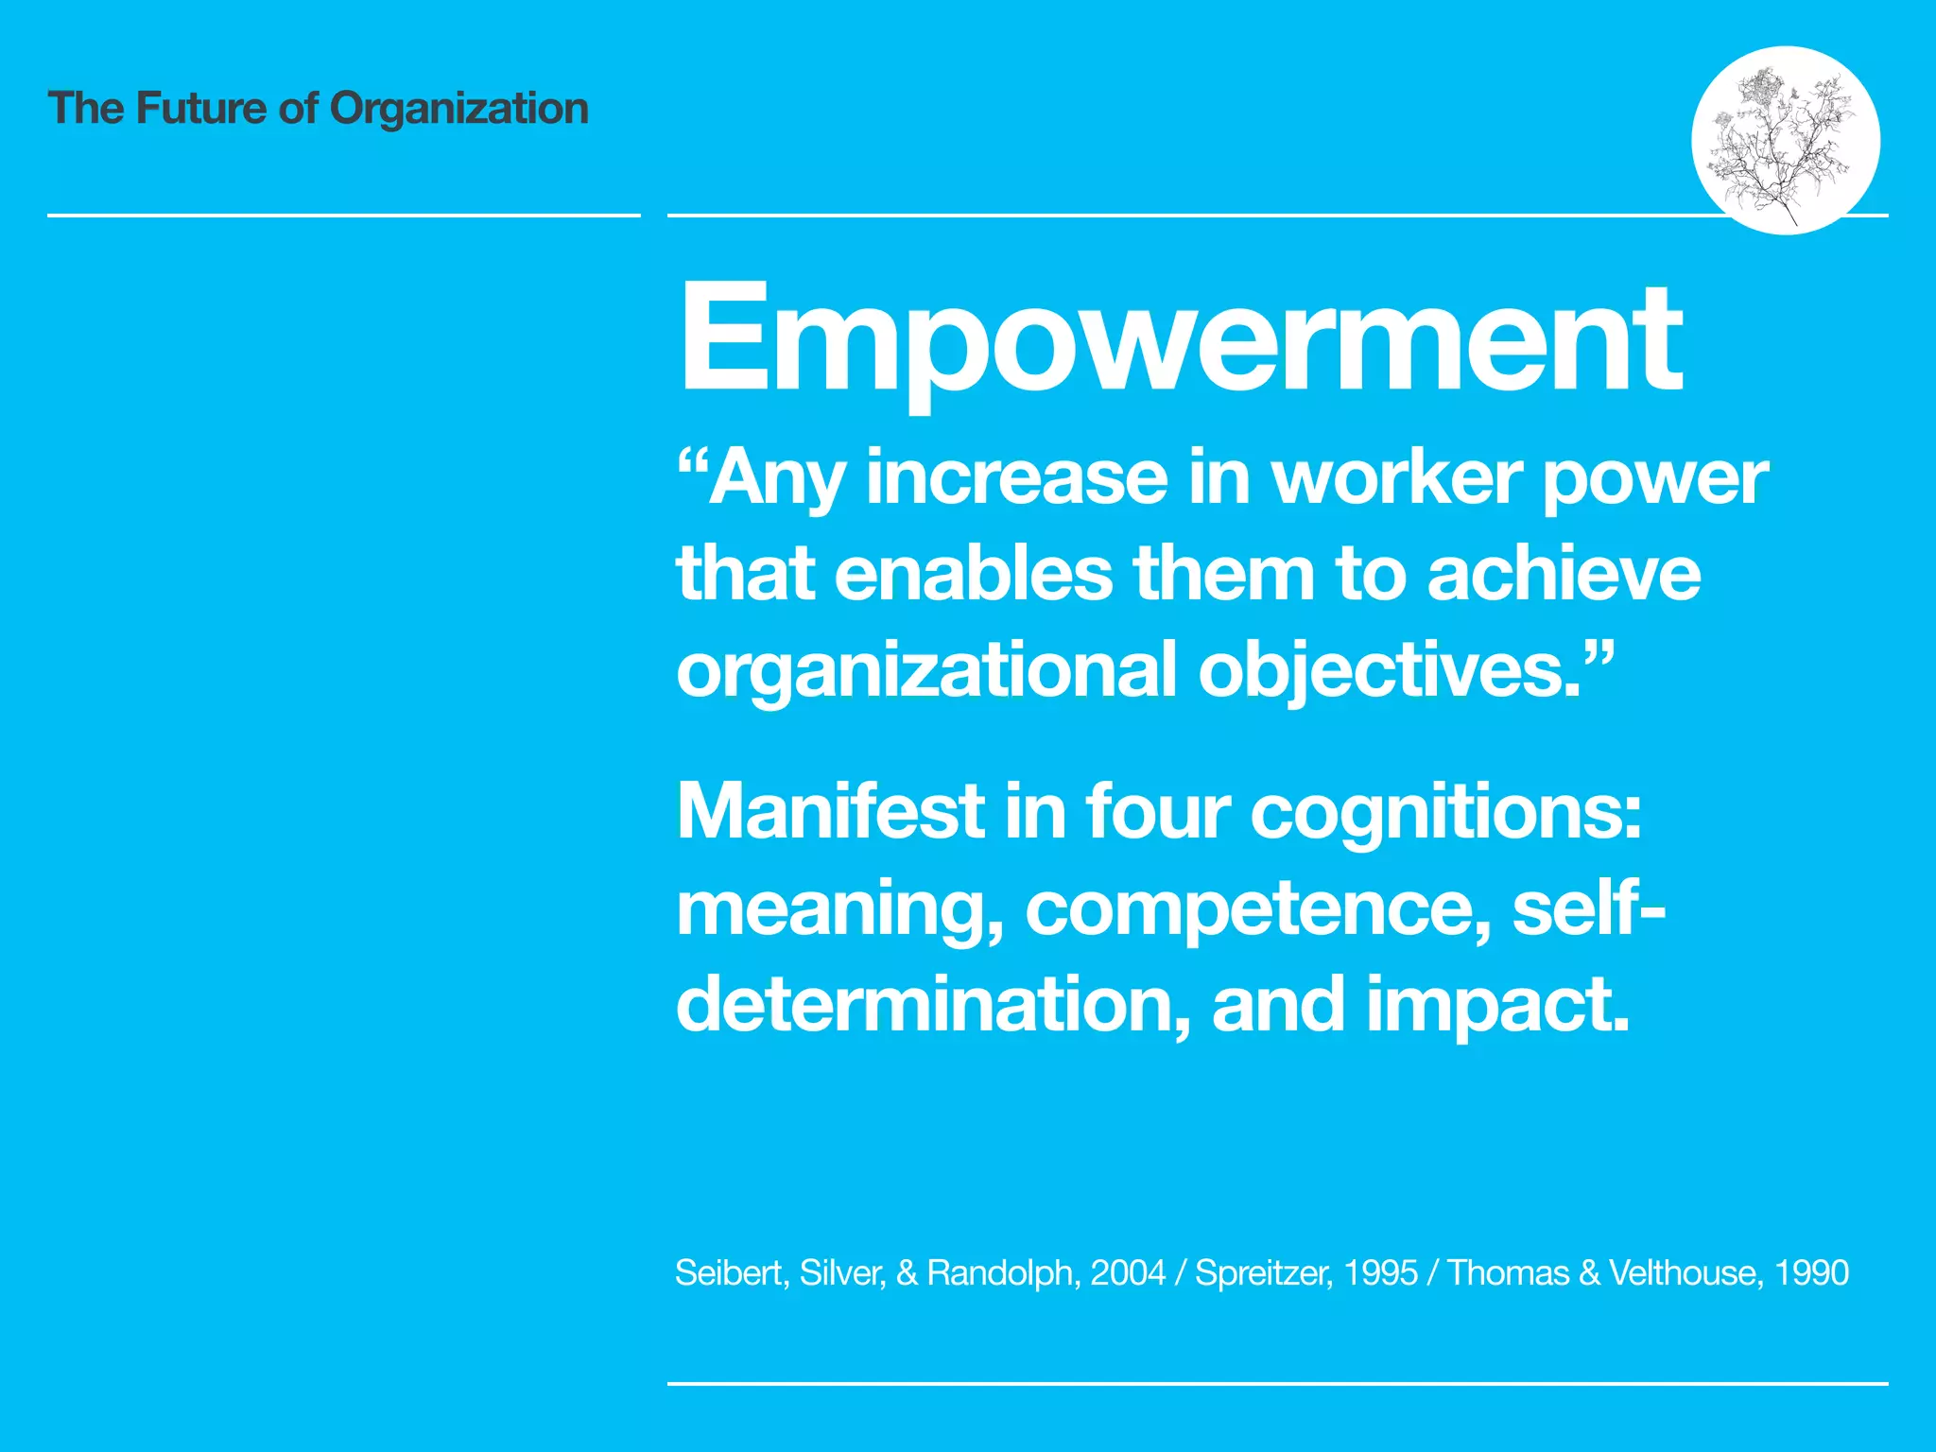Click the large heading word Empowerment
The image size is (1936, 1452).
tap(1180, 338)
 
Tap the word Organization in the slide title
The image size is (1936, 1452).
tap(458, 109)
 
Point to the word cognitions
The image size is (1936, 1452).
tap(1446, 813)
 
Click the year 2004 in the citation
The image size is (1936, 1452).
tap(1128, 1272)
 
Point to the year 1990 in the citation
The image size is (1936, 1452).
tap(1811, 1272)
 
